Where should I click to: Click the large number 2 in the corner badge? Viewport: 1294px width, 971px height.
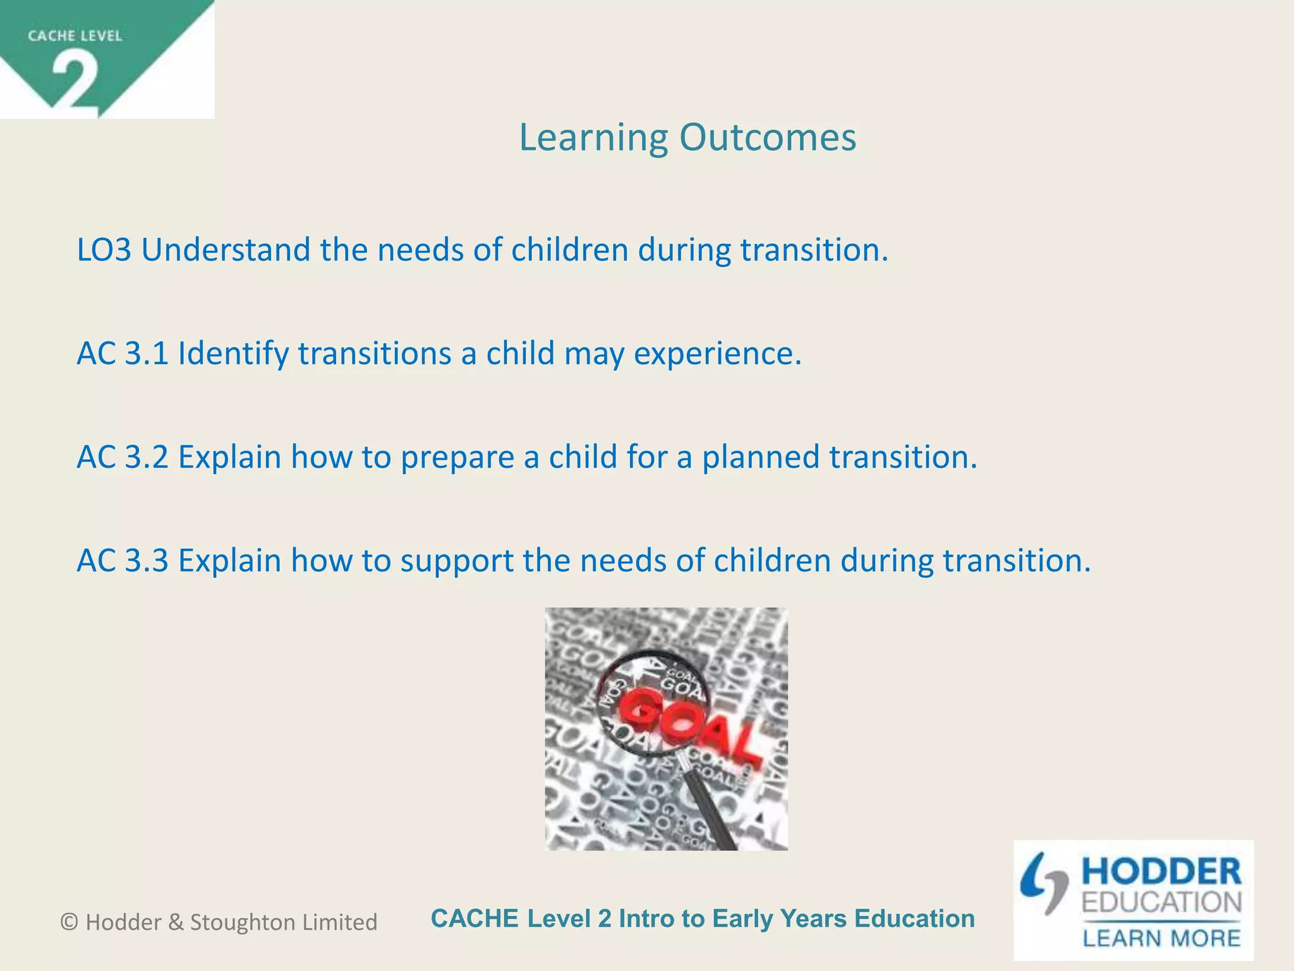75,80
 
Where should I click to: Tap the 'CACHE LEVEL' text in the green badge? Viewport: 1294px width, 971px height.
75,36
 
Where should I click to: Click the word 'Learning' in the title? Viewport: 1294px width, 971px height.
593,138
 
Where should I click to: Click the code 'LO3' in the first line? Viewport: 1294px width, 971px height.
104,250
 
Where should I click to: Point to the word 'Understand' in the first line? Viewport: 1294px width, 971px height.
225,250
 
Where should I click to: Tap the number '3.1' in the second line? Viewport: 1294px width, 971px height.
147,353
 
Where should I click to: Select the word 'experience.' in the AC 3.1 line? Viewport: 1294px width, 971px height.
717,353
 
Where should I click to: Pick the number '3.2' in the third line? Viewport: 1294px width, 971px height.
147,457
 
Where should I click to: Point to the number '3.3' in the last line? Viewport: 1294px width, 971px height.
147,561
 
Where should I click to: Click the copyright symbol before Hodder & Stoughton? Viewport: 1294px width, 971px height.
69,922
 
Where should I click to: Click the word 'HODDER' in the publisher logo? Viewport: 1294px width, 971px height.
1161,872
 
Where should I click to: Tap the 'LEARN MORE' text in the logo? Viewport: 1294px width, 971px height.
1161,938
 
